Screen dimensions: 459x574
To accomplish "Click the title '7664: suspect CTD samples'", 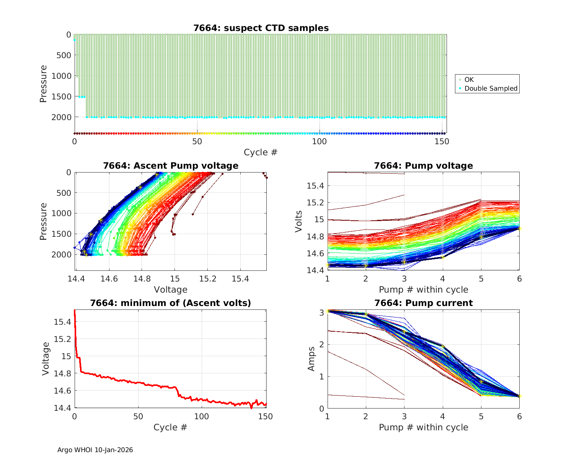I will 261,28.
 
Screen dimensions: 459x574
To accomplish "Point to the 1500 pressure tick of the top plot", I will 61,96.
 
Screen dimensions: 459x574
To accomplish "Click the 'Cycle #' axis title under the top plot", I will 261,152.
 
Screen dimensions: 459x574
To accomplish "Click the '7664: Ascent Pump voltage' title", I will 171,166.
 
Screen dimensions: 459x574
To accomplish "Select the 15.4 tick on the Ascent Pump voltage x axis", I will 240,279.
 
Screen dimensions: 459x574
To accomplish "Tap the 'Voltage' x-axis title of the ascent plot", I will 171,290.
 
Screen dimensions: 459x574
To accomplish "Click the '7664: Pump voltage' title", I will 423,166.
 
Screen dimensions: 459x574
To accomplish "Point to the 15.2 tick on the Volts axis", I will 315,203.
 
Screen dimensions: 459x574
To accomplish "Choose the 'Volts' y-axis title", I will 299,221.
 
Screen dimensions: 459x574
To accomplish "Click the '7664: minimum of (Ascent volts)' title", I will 171,303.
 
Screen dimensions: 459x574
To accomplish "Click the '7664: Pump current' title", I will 423,303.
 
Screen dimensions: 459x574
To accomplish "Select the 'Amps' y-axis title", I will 311,358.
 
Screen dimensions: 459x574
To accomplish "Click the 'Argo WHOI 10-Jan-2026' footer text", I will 95,450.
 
